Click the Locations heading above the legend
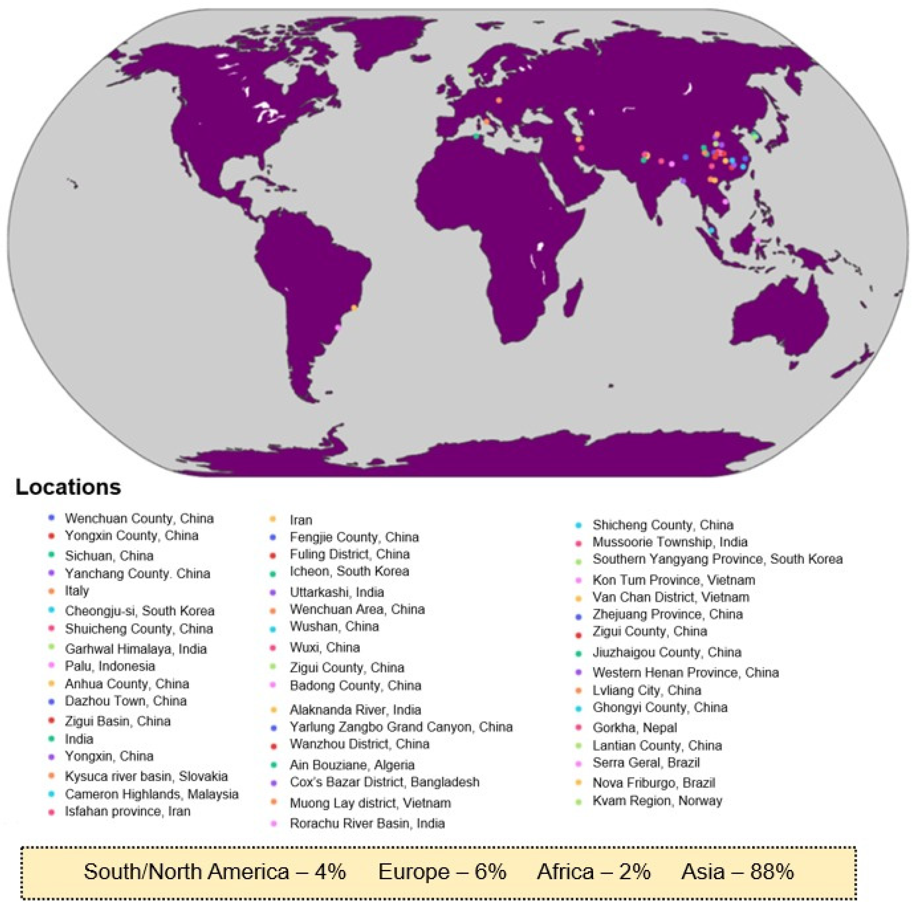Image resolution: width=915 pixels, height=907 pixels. (x=68, y=487)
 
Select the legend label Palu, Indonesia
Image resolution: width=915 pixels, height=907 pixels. (x=110, y=666)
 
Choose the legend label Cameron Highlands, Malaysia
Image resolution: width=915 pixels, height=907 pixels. (x=152, y=794)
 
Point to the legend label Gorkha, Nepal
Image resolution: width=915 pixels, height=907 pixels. (x=635, y=728)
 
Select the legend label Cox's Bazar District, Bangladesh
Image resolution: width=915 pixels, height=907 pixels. (x=385, y=782)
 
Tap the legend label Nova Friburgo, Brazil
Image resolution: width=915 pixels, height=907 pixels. (x=653, y=783)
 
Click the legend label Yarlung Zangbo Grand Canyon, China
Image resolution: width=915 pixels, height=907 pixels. (x=401, y=726)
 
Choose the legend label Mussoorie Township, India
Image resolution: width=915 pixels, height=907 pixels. (x=670, y=542)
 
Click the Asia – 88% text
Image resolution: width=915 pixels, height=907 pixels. (x=737, y=871)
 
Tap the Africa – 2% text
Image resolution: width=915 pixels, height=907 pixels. (x=593, y=871)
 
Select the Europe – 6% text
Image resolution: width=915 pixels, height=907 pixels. (x=442, y=871)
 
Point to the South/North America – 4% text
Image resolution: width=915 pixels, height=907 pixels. (x=214, y=871)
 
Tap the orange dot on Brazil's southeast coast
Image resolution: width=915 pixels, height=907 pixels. (x=354, y=308)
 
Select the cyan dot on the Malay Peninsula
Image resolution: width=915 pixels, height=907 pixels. (x=711, y=230)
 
